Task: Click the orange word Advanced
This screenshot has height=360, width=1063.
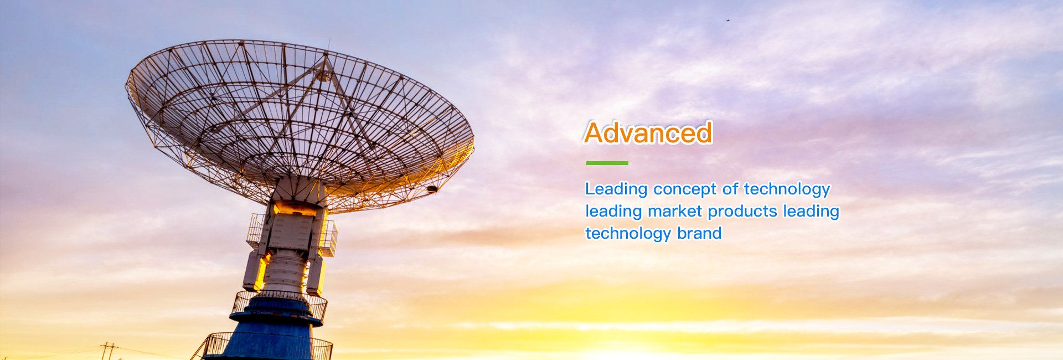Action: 648,133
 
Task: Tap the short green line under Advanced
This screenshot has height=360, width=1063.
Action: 607,163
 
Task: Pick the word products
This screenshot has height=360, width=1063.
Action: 743,212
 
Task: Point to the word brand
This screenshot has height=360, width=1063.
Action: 699,233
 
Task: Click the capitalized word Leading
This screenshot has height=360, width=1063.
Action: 617,189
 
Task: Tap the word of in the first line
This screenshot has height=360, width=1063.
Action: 730,189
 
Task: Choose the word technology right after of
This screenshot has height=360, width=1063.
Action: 787,189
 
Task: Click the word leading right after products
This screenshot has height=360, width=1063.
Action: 811,212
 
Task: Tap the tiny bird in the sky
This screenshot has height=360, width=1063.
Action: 727,20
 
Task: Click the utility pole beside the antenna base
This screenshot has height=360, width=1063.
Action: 109,351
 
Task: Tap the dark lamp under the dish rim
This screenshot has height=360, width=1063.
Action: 432,189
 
